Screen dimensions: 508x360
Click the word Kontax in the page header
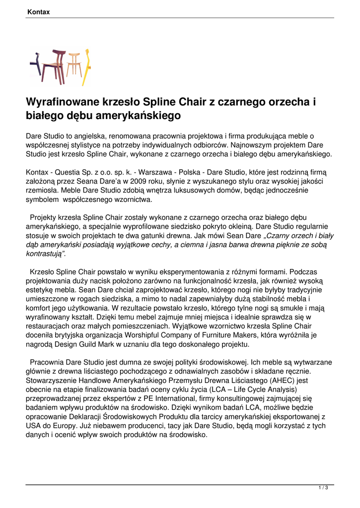tap(39, 11)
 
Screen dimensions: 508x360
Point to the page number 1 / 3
tap(323, 488)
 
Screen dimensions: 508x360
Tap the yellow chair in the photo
tap(85, 67)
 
